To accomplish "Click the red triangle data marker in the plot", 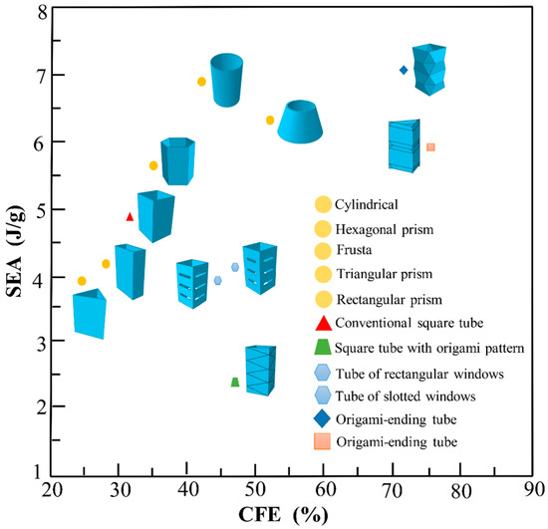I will [130, 216].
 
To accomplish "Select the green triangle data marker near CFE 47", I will [235, 382].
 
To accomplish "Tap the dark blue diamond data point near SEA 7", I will [404, 70].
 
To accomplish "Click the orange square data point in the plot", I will [430, 146].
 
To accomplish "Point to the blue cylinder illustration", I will [227, 79].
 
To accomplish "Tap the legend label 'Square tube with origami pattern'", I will [428, 347].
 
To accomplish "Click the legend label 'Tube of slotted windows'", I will [404, 395].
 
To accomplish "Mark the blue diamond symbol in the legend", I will [322, 418].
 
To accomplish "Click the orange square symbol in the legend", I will [322, 441].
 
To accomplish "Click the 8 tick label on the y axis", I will [39, 13].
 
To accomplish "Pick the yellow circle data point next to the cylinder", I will [201, 82].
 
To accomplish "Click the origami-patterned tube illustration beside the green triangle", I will [260, 370].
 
